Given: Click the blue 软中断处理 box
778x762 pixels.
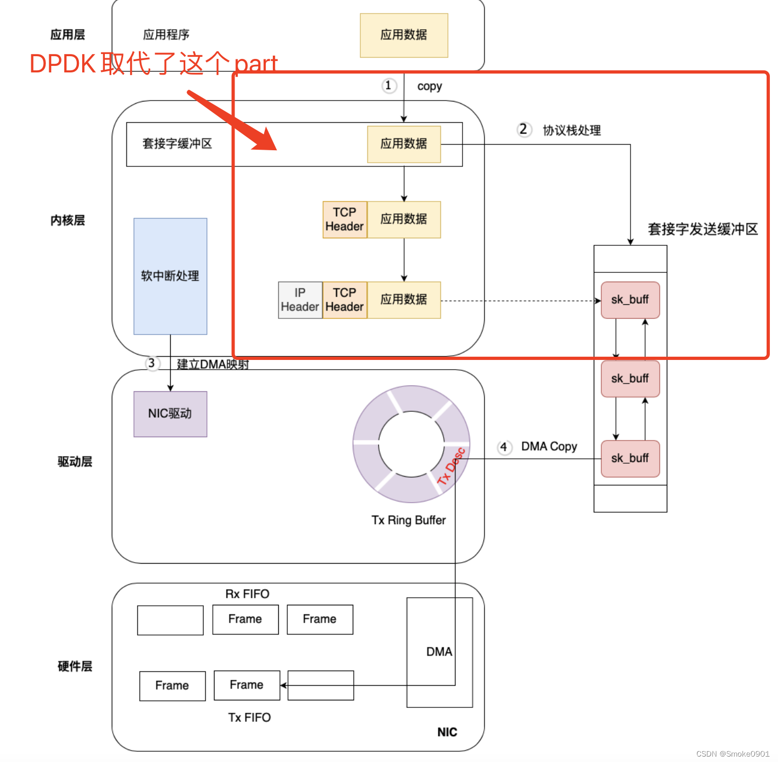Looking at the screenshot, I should (170, 276).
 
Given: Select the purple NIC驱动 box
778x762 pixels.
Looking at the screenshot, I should (170, 414).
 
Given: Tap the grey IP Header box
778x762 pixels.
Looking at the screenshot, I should (300, 300).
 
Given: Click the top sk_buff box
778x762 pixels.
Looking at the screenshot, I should (630, 300).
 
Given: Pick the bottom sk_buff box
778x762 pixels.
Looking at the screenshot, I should (630, 458).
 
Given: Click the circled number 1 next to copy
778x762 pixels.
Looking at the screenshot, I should (388, 86).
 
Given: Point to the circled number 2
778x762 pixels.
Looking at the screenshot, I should (523, 130).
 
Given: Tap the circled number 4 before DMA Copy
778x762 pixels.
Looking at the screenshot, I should (504, 447).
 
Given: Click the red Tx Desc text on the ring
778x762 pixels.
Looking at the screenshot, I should (451, 466).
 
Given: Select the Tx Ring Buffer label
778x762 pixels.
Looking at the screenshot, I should (408, 520).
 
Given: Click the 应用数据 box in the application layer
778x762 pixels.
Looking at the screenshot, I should (404, 35).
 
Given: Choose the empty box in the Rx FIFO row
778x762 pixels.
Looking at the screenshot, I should (170, 620).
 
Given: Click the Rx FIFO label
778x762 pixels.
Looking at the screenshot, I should (247, 594).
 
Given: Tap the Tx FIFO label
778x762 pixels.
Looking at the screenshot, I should (249, 718).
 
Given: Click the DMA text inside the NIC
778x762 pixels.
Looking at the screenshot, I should (439, 652).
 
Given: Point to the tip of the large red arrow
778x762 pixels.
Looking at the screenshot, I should (275, 149).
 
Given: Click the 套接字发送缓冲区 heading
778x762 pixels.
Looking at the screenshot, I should (702, 229).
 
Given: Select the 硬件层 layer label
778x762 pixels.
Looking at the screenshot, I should (75, 666).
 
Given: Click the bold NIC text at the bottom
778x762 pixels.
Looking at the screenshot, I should (447, 732).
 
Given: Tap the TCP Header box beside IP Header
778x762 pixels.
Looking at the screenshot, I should (344, 300).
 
